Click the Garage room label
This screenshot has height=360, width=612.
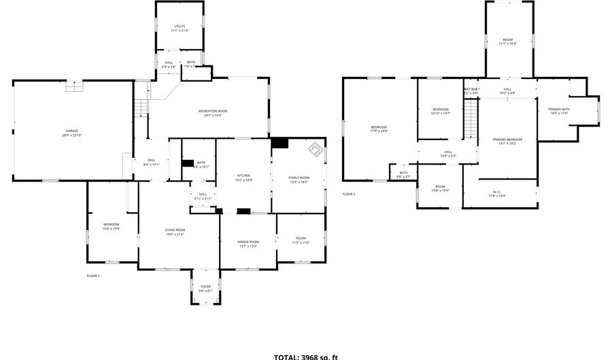(x=71, y=133)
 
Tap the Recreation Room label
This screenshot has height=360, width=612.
(x=213, y=113)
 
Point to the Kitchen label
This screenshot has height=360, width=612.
(x=243, y=178)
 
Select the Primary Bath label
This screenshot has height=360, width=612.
(x=559, y=112)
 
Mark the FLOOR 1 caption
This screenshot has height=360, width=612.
(x=93, y=276)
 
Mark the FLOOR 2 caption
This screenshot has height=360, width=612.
(x=349, y=194)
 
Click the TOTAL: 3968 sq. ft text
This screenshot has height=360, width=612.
(x=305, y=356)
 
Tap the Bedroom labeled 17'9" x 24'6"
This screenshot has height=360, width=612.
(x=379, y=129)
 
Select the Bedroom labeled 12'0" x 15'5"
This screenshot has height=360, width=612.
(x=111, y=227)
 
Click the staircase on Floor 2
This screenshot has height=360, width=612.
(x=471, y=118)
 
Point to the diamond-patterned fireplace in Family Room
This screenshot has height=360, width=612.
(x=316, y=149)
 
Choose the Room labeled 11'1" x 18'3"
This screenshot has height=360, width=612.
(x=508, y=42)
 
